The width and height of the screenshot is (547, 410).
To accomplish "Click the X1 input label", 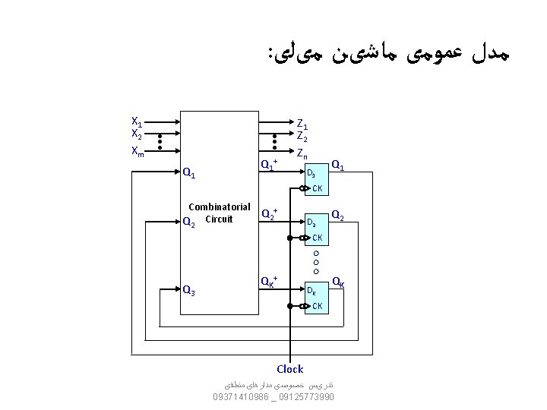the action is pos(137,122).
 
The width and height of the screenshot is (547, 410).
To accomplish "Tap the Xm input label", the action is pos(138,150).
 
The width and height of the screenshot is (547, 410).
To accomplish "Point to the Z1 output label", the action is pos(302,124).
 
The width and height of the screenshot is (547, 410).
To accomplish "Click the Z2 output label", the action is pos(302,137).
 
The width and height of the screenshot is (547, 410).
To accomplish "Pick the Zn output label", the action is pos(302,153).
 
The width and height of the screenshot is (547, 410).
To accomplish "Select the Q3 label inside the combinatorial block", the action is pos(190,289).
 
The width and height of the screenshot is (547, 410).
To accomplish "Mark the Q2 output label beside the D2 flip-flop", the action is pos(339,215).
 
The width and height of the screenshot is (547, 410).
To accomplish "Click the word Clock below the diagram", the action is pos(290,369).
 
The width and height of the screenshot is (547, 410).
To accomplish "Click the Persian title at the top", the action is pos(387,54).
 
